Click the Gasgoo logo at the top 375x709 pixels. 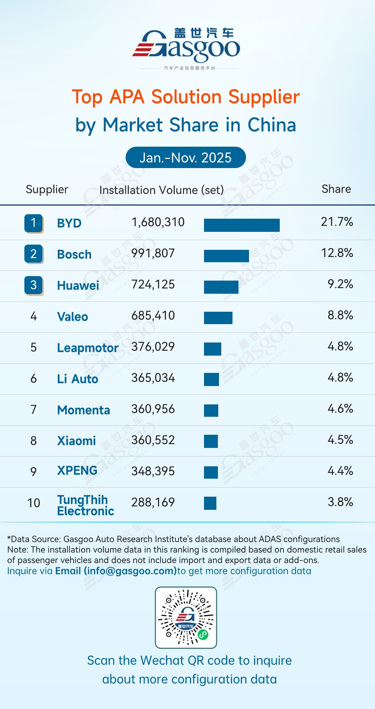coord(186,47)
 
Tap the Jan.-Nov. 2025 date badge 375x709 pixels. coord(186,158)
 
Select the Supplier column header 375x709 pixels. coord(47,189)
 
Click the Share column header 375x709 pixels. coord(336,189)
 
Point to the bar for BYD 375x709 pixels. coord(241,225)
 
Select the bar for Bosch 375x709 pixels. coord(226,256)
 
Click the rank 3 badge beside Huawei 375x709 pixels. coord(33,285)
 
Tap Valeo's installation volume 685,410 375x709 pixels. coord(153,316)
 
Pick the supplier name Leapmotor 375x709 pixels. coord(88,348)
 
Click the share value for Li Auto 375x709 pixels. coord(340,377)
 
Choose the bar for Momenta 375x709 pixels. coord(211,410)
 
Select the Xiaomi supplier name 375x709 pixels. coord(76,441)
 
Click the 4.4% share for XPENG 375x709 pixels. coord(340,471)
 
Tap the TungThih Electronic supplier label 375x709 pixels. coord(85,505)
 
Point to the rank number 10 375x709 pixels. coord(34,503)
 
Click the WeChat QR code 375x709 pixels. coord(186,617)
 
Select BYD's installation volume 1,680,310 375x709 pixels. coord(158,222)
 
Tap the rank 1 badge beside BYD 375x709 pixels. coord(33,223)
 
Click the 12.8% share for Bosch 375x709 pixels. coord(337,253)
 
